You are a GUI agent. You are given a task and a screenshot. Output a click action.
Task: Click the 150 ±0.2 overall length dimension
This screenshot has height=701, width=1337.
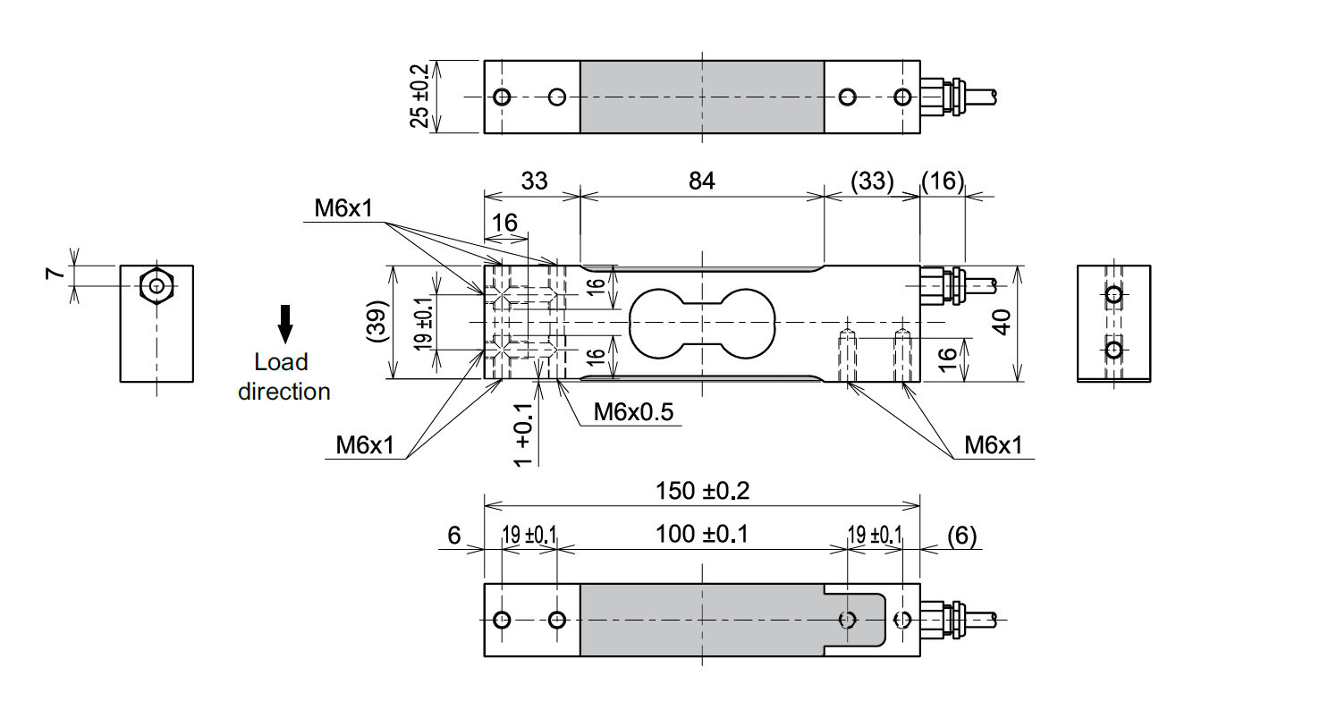coord(702,490)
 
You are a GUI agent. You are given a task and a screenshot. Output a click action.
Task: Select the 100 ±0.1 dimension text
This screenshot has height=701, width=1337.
coord(702,534)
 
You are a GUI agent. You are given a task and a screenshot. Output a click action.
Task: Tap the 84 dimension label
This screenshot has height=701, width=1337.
coord(701,181)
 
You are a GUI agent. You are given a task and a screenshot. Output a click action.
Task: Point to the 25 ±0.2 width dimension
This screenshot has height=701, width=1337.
coord(419,96)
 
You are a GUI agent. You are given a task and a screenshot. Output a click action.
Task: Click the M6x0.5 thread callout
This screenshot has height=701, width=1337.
coord(633,411)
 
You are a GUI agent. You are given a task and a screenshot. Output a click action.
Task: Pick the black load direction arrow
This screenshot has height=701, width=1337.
coord(285,324)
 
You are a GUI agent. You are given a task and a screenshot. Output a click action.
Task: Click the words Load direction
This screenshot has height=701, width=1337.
coord(283,376)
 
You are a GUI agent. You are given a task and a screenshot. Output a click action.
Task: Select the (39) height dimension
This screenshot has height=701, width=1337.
coord(377,321)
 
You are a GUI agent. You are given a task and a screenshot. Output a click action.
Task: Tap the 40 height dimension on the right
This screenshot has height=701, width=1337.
coord(1003,322)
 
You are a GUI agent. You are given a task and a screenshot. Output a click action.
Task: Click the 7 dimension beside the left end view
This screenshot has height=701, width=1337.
coord(55,274)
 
